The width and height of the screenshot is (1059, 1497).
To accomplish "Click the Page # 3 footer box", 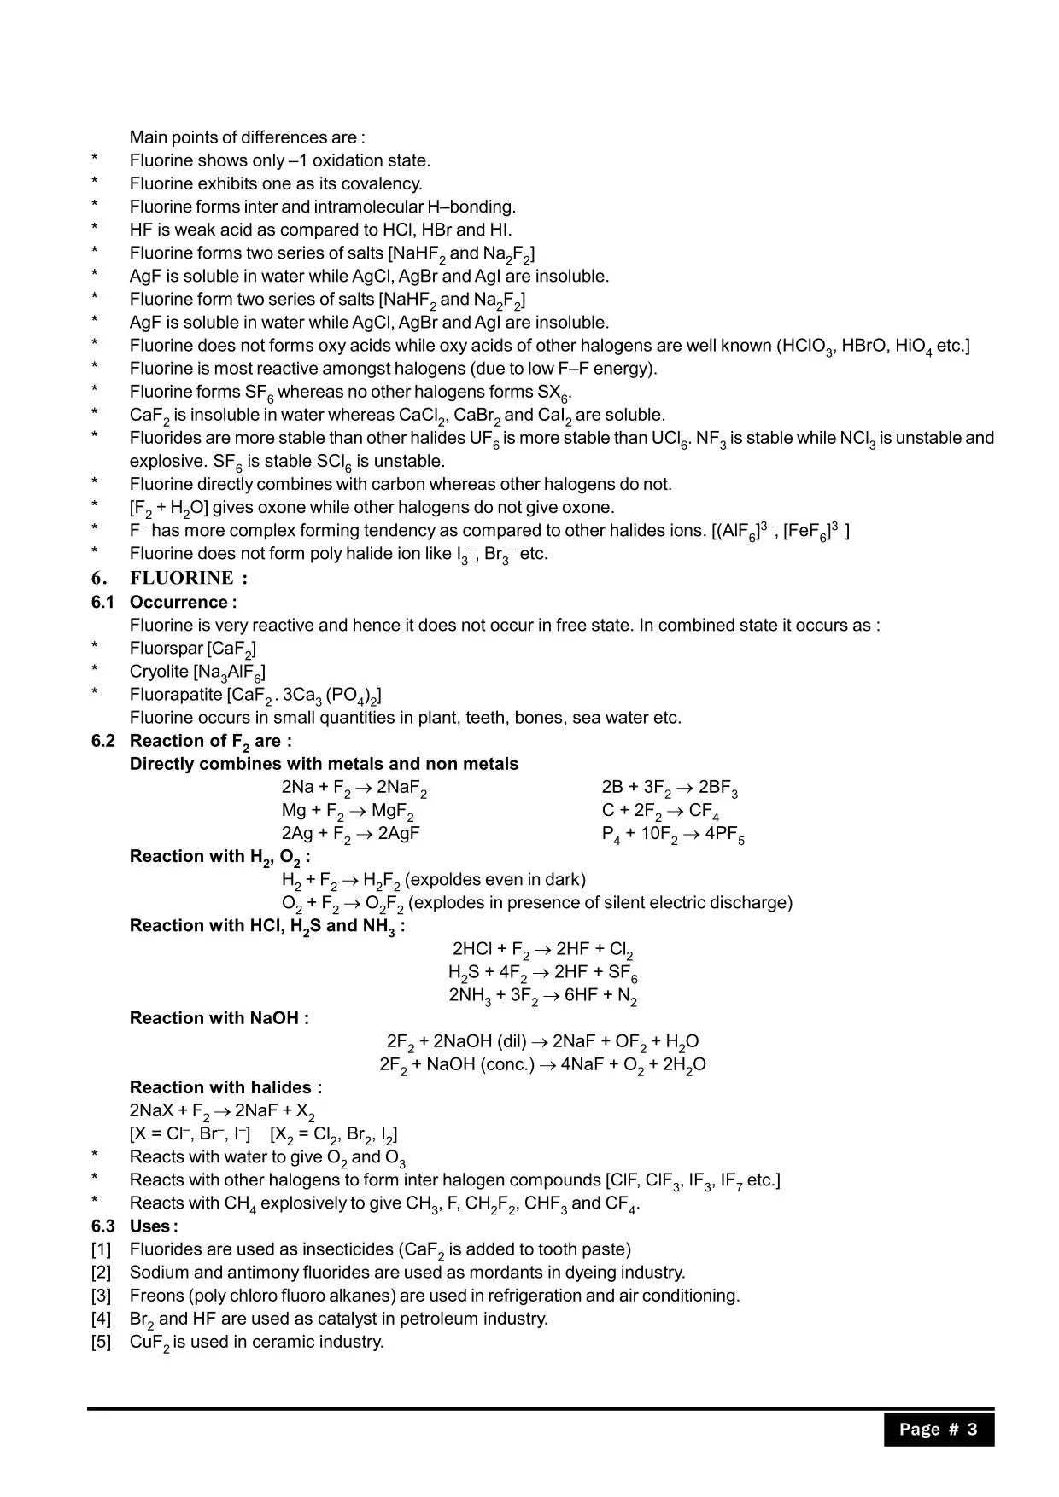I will pos(938,1430).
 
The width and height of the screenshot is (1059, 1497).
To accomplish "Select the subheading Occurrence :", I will pos(183,603).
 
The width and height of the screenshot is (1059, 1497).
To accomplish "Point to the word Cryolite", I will pos(159,672).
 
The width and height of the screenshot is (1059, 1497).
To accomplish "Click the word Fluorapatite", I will pos(175,695).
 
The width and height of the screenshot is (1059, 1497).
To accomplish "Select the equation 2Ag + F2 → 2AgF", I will pos(350,834).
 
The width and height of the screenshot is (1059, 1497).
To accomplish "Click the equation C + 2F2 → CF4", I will pos(659,811).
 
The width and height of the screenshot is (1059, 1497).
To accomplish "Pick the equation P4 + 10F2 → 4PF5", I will pos(672,834).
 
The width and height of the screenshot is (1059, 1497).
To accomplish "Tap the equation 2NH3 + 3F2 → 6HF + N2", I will pos(542,995).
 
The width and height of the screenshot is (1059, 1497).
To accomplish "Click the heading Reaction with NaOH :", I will pos(219,1018).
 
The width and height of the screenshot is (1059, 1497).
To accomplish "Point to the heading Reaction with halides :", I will pos(225,1087).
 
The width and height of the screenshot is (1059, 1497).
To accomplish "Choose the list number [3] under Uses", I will pos(101,1296).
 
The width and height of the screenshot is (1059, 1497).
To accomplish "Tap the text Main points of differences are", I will pos(247,137).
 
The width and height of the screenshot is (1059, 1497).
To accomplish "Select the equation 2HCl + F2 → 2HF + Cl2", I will pos(542,949).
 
